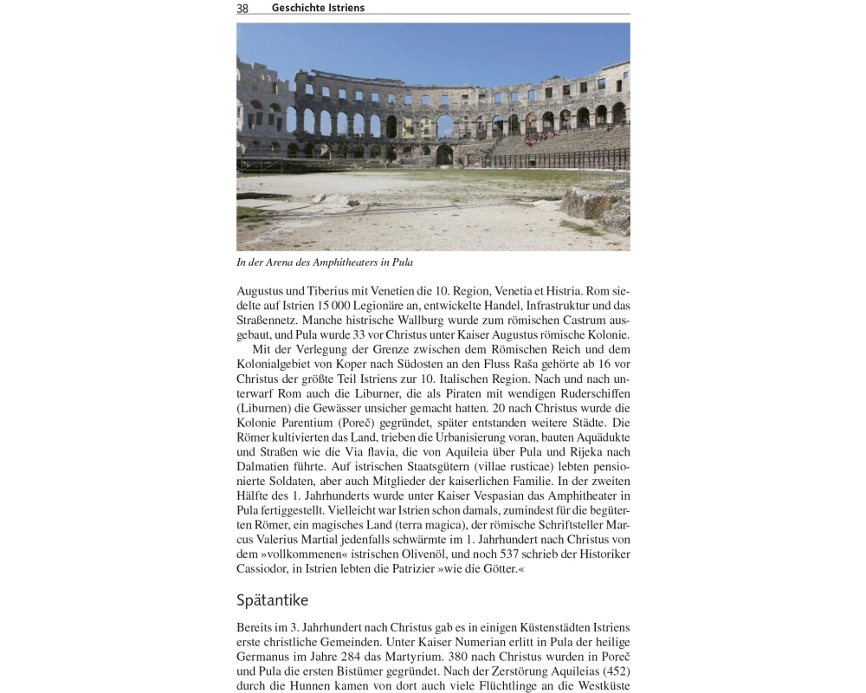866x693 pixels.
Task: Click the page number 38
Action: pyautogui.click(x=242, y=8)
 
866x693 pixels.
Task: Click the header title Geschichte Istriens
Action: pyautogui.click(x=318, y=8)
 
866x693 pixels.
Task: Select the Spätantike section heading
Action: pyautogui.click(x=272, y=600)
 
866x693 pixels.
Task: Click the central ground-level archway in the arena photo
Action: pyautogui.click(x=444, y=154)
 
